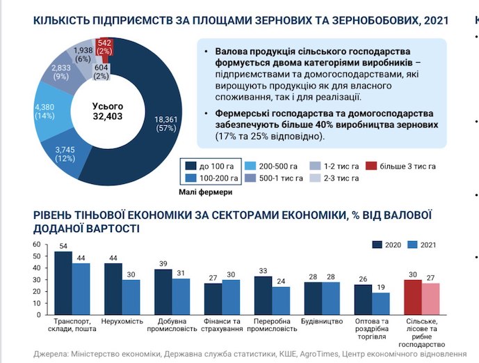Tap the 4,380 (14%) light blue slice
(51, 111)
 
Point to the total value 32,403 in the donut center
(108, 116)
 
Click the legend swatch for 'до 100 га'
(190, 166)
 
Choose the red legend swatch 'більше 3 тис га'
(371, 166)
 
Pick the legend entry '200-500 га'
(271, 167)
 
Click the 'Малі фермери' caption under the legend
(206, 192)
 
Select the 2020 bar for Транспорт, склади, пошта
(63, 283)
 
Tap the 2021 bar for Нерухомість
(131, 298)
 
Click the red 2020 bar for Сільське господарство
(413, 298)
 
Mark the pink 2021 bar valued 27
(431, 299)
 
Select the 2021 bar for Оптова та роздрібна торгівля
(381, 304)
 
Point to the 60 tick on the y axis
(37, 245)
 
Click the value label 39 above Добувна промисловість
(163, 264)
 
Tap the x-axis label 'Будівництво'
(322, 321)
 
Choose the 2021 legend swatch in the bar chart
(412, 245)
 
